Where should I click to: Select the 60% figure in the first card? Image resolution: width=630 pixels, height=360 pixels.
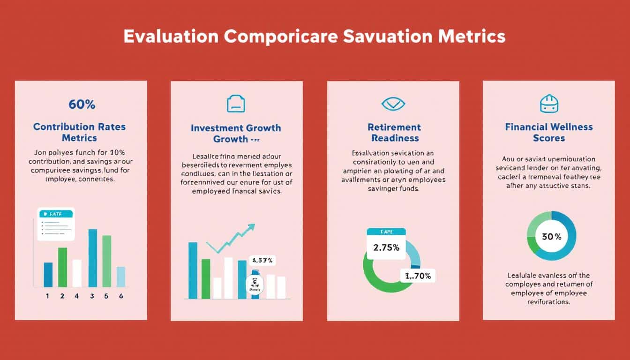click(82, 105)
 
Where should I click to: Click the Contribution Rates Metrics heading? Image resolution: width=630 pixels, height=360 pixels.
click(79, 132)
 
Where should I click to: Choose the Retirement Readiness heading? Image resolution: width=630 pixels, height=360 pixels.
click(393, 133)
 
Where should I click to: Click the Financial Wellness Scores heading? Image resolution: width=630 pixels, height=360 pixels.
click(548, 133)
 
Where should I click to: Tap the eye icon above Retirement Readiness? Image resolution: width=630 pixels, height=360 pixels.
click(393, 104)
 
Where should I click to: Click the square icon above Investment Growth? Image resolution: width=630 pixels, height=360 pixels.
click(236, 104)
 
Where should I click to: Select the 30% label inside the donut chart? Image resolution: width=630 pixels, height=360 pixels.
click(551, 236)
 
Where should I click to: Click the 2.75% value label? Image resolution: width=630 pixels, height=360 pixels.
click(386, 247)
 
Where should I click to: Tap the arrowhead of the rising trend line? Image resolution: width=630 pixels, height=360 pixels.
click(251, 228)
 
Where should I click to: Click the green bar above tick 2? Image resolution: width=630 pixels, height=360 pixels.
click(62, 267)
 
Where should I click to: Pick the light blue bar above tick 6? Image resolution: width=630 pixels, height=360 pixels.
click(120, 277)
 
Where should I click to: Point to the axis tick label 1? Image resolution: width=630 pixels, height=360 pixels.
click(47, 296)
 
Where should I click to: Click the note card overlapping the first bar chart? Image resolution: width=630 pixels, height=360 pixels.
click(56, 224)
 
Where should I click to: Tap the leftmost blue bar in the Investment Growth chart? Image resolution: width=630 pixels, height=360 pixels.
click(193, 270)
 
